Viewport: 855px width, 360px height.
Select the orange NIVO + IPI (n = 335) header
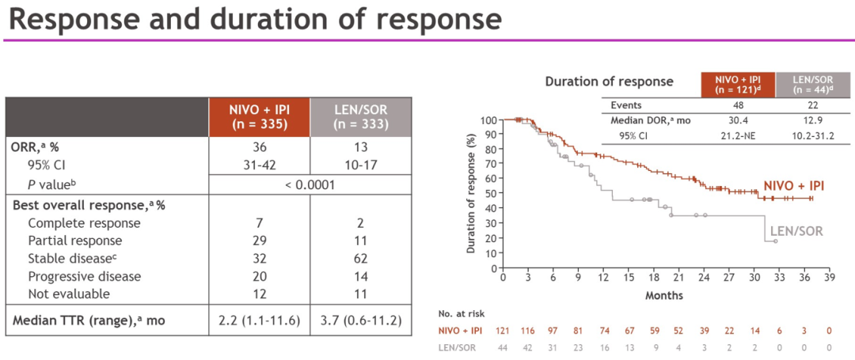click(259, 116)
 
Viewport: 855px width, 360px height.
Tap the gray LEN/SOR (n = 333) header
click(360, 116)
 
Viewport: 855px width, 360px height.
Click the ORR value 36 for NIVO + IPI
click(259, 148)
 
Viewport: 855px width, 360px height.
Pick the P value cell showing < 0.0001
click(310, 184)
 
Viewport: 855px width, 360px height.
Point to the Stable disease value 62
click(360, 259)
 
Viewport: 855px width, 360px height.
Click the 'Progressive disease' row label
click(85, 276)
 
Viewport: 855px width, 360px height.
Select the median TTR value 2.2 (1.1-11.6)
click(259, 320)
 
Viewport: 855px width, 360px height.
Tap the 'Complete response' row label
click(84, 223)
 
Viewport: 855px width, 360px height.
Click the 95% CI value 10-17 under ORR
click(360, 165)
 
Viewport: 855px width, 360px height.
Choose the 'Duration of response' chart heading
click(609, 81)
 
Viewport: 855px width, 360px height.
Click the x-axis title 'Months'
click(664, 295)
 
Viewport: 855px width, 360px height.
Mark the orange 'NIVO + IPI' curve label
click(793, 185)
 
